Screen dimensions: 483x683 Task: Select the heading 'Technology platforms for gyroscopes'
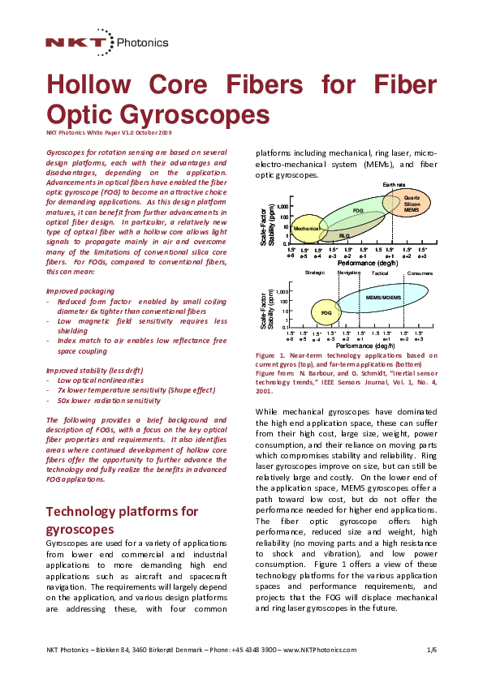click(123, 520)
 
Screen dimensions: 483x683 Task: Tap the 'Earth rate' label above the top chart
click(395, 185)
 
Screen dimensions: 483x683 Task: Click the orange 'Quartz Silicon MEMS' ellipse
click(412, 203)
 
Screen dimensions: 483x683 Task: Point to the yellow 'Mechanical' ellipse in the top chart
click(307, 229)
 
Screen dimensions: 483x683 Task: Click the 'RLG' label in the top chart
click(344, 235)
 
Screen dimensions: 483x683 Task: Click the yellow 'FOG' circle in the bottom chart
click(326, 311)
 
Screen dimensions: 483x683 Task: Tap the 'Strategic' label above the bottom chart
click(315, 273)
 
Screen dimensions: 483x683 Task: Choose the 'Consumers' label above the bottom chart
click(420, 273)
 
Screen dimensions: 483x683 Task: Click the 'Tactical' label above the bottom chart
click(380, 273)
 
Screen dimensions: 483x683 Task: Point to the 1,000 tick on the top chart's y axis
click(282, 207)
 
